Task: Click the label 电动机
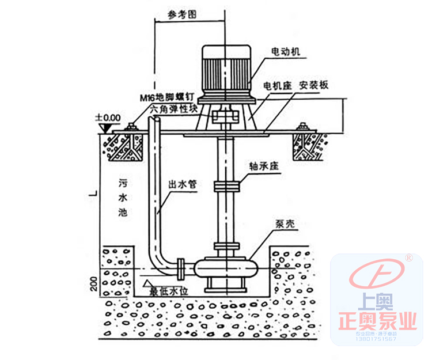point(286,51)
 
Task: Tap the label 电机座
point(275,85)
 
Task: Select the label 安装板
point(313,85)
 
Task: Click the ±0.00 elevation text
point(108,117)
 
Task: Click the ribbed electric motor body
point(225,69)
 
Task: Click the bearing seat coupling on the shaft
point(225,187)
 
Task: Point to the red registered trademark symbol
point(408,257)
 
